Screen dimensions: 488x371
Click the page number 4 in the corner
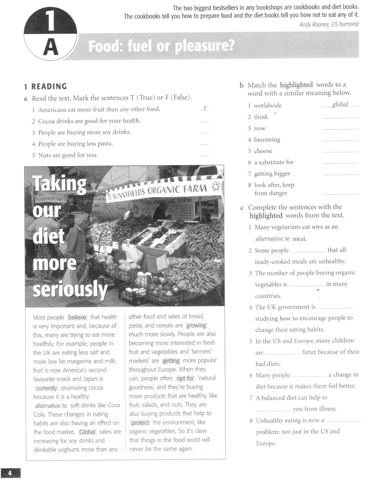point(10,473)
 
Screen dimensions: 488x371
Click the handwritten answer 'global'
point(340,104)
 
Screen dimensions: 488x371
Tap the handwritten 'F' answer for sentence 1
point(205,108)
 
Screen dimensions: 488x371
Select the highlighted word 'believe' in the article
point(77,317)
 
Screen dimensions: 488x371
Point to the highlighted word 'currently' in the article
point(46,388)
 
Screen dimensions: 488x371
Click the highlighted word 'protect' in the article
point(140,423)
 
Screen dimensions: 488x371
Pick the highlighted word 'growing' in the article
point(196,325)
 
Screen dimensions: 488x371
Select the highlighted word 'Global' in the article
point(87,432)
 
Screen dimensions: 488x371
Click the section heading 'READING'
point(49,87)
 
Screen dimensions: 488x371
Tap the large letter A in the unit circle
point(51,47)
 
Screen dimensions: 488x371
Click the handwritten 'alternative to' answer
point(272,239)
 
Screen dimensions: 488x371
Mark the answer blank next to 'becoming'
point(340,140)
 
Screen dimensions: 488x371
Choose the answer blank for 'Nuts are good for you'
point(204,156)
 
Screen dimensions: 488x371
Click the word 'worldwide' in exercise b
point(268,105)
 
